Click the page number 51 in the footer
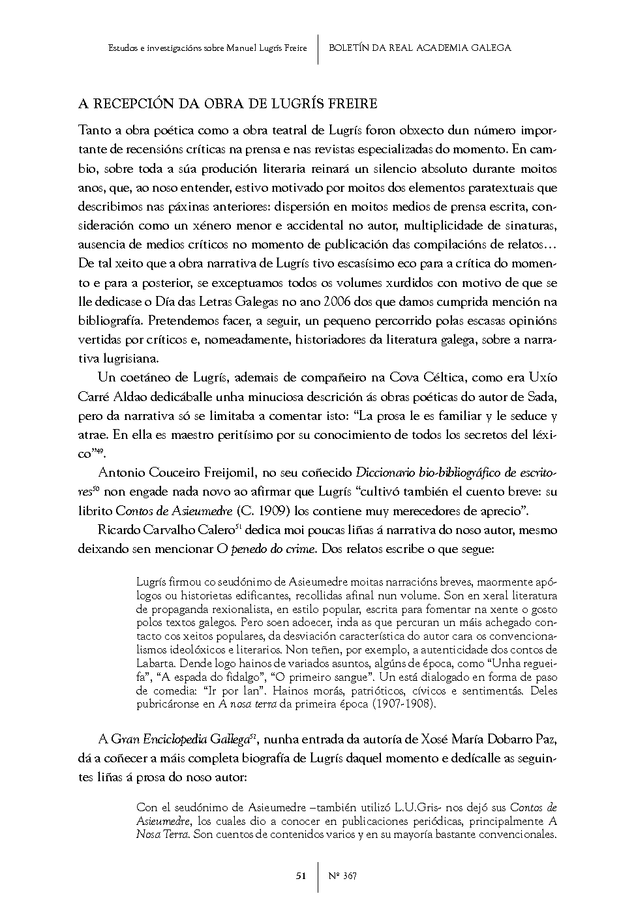(x=301, y=876)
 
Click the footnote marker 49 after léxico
(x=98, y=451)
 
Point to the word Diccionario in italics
(x=386, y=471)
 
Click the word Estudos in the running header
(x=121, y=48)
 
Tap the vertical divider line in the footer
(x=318, y=876)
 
